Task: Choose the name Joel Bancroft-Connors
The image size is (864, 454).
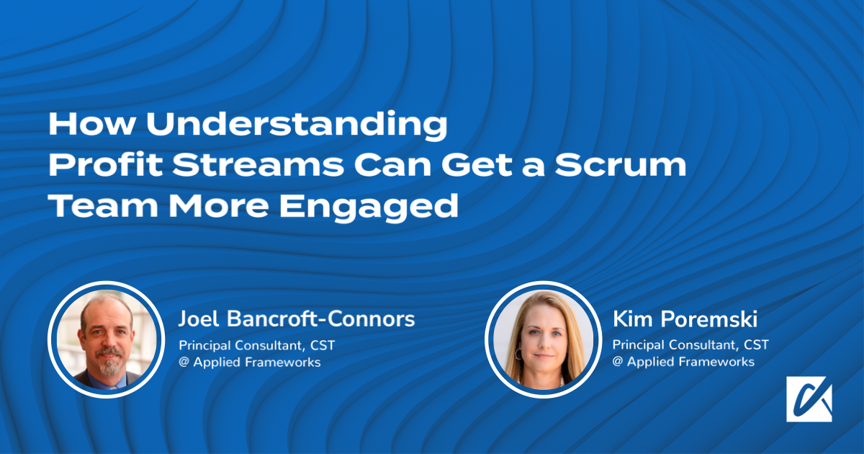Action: pos(297,319)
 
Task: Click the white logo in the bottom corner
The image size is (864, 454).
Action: pos(809,399)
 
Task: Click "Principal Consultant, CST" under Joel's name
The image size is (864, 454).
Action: pos(256,345)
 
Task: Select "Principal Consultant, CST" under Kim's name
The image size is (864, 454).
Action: pos(690,345)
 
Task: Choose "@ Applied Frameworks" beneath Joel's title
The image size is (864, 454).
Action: pos(249,362)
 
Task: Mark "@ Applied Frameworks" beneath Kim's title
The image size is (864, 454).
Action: pos(683,362)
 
